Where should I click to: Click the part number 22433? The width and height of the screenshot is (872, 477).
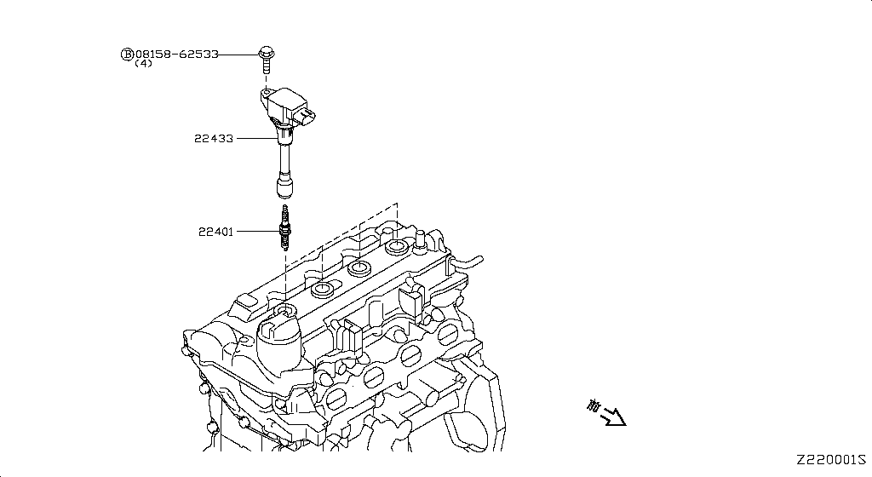tap(213, 138)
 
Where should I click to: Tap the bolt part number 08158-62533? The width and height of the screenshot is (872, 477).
tap(177, 54)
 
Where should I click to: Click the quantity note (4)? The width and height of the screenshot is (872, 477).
tap(143, 64)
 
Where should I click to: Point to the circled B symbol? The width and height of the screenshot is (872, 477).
tap(127, 54)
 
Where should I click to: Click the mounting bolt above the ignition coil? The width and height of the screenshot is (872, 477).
tap(265, 59)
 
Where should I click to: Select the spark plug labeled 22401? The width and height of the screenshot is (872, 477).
tap(285, 227)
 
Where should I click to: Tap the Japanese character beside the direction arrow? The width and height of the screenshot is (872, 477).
tap(593, 406)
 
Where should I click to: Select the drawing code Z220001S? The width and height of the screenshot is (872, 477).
tap(832, 459)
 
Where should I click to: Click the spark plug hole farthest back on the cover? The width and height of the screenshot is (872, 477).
tap(397, 248)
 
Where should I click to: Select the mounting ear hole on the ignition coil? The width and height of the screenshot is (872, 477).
tap(266, 91)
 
